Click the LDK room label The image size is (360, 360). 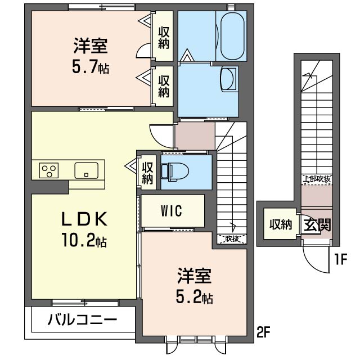pos(84,219)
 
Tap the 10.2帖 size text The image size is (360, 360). pos(84,240)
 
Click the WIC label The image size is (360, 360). pos(172,210)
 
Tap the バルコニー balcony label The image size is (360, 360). pos(83,319)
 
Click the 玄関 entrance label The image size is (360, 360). pos(317,225)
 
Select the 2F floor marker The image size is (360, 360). pos(263,332)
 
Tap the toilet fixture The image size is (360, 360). pos(175,172)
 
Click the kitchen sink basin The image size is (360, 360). pos(86,170)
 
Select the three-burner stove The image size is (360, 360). pos(49,170)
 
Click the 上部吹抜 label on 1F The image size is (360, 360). pos(317,179)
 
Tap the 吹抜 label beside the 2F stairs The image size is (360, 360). pos(232,239)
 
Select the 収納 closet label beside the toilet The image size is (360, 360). pos(147,173)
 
